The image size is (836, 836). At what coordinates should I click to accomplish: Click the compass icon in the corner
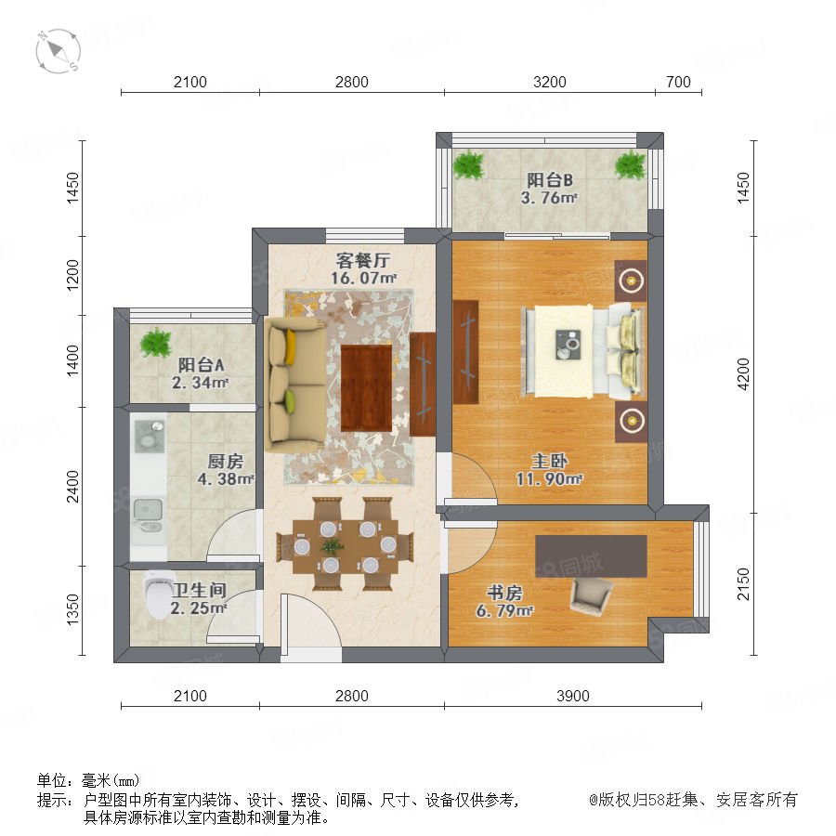(x=59, y=51)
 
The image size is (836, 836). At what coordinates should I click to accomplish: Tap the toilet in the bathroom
(x=159, y=594)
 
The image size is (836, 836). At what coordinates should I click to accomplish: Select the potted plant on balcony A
(x=155, y=342)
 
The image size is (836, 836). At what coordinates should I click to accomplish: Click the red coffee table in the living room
(x=366, y=387)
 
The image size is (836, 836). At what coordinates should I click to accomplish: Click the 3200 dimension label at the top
(x=549, y=82)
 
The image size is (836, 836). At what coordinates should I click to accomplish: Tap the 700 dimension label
(x=678, y=82)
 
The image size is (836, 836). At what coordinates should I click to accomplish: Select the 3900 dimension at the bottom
(x=572, y=696)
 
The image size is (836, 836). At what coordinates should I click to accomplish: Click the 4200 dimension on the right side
(x=743, y=373)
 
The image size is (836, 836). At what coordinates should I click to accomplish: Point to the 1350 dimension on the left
(x=72, y=610)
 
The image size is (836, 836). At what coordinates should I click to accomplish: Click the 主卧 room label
(x=549, y=461)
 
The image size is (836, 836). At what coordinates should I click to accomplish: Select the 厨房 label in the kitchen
(x=225, y=461)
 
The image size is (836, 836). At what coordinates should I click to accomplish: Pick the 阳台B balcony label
(x=550, y=180)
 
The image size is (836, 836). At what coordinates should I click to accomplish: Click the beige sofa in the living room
(x=296, y=385)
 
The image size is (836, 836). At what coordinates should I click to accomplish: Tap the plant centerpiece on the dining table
(x=333, y=545)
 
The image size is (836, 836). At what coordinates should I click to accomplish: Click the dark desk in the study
(x=591, y=556)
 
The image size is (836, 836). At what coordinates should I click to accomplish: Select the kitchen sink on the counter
(x=148, y=510)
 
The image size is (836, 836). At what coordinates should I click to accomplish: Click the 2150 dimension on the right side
(x=743, y=584)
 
